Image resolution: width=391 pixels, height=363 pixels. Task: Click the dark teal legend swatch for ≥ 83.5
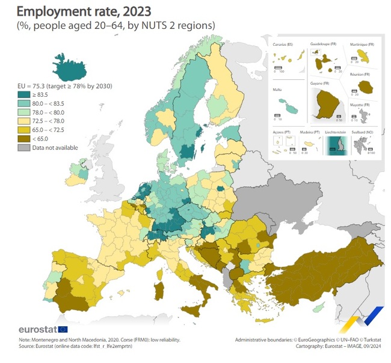23,94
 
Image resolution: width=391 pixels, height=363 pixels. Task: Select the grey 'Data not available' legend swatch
23,147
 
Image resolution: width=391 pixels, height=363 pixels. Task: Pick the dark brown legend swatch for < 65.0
23,138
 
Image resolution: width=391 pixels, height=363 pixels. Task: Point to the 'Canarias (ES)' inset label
285,45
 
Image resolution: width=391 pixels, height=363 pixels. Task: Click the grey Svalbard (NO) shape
363,145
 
